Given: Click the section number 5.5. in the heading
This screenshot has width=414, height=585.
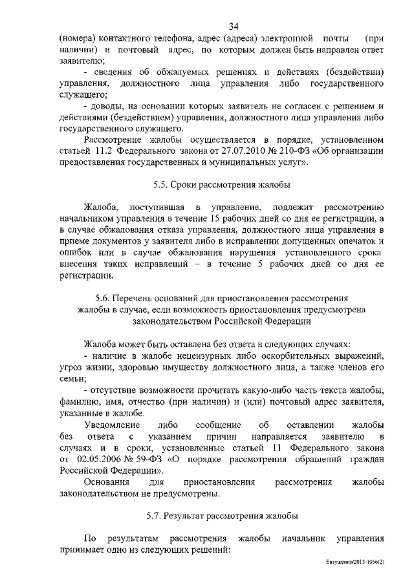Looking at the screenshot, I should point(162,184).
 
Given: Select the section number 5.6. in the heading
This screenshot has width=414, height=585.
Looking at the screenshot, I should point(104,298).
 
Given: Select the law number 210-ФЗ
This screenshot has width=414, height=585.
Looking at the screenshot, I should point(287,151).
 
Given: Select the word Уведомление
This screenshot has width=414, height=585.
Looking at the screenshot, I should point(114,425).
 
